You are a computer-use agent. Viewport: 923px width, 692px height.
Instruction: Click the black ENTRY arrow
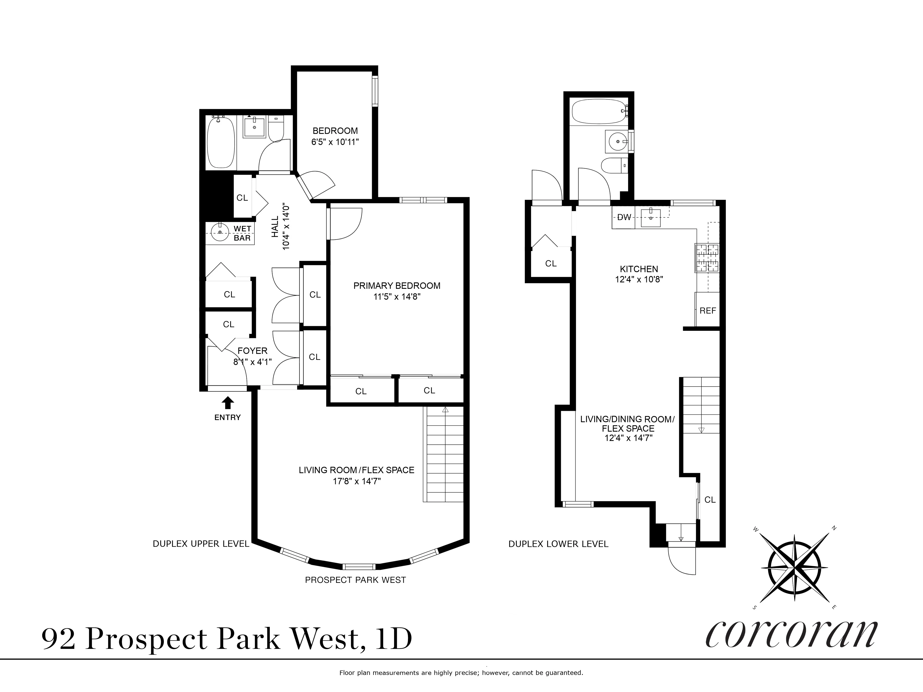click(228, 403)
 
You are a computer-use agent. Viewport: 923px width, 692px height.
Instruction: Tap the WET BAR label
click(242, 233)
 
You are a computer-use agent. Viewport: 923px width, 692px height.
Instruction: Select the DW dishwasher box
click(624, 217)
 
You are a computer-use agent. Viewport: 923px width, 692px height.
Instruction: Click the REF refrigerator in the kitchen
click(708, 310)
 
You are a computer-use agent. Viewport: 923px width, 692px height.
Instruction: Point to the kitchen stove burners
click(707, 258)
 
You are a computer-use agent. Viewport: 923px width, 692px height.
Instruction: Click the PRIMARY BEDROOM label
click(397, 286)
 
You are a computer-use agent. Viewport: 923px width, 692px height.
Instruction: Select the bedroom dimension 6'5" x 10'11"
click(335, 142)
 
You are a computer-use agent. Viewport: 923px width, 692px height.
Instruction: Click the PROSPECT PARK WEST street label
click(355, 580)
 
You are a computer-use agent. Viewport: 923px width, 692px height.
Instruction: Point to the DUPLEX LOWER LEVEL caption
click(558, 544)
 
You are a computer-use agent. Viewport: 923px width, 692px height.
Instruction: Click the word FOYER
click(252, 351)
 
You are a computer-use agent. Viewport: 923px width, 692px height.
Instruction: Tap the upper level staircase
click(444, 455)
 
